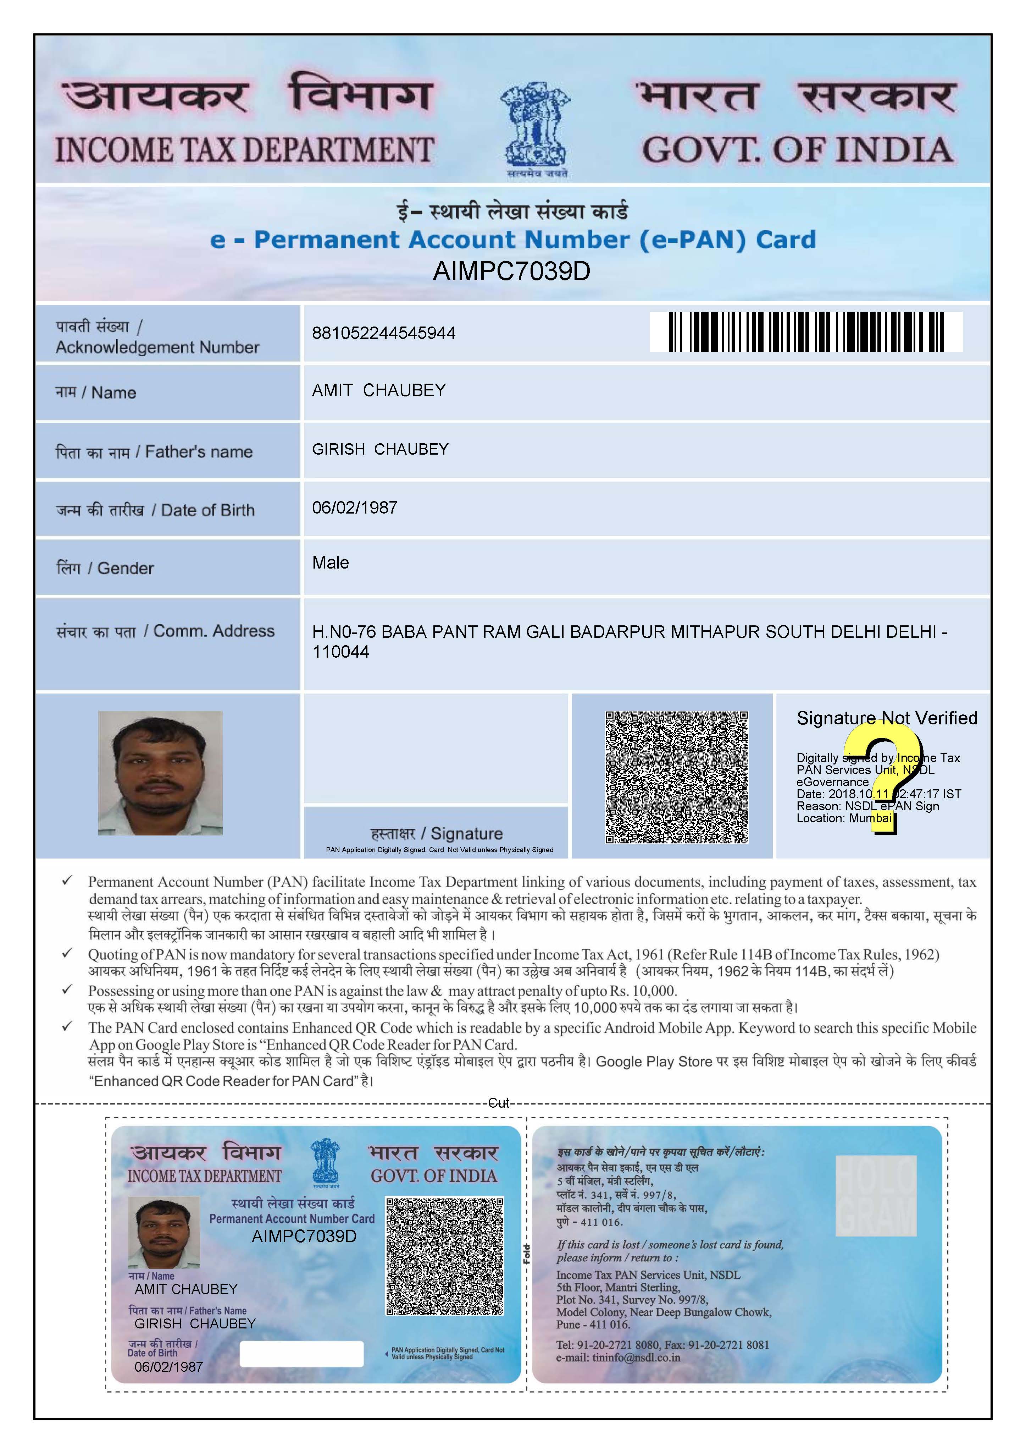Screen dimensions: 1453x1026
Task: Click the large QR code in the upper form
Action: (676, 777)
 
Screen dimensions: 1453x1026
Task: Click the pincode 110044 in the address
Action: (340, 652)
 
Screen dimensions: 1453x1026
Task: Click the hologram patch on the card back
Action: (876, 1195)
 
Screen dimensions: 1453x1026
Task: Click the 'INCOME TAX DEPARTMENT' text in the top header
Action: (244, 150)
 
